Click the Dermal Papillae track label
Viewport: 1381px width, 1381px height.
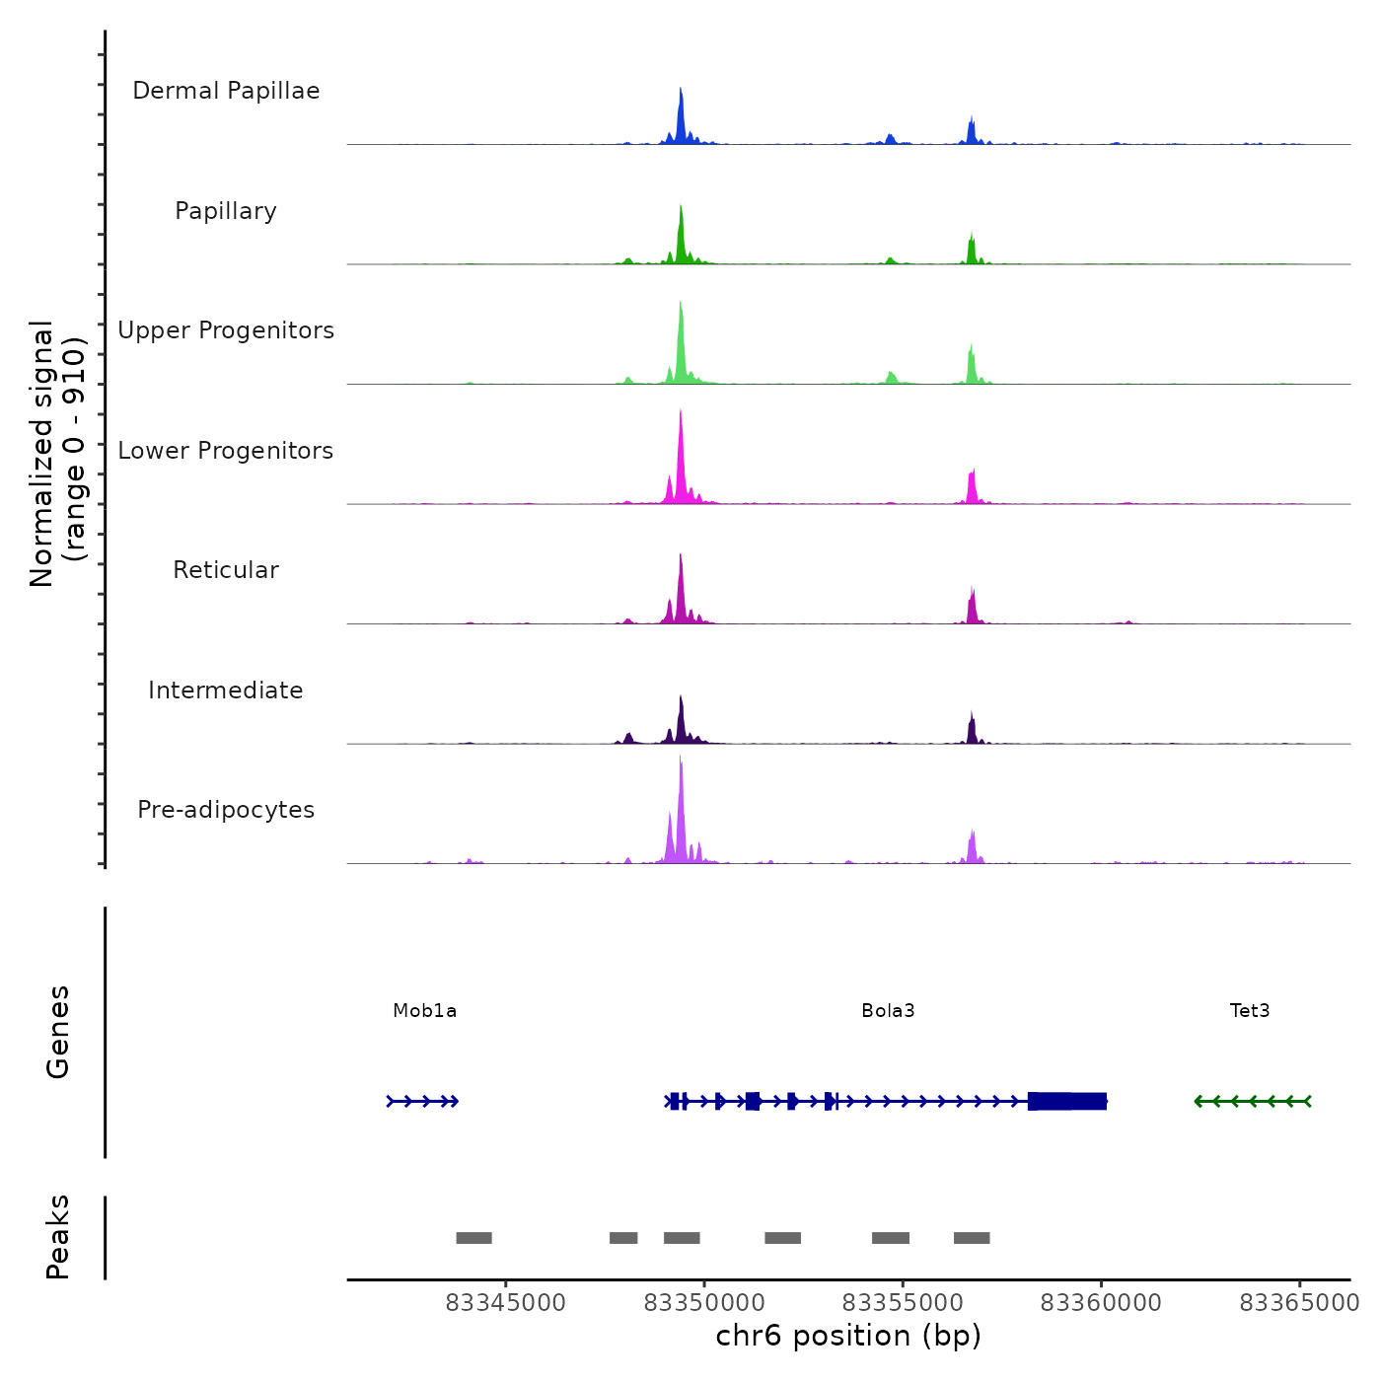coord(226,91)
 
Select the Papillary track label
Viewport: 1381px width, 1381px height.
coord(226,211)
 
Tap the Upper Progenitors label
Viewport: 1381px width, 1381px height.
coord(226,330)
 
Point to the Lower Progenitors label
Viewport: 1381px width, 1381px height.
coord(226,451)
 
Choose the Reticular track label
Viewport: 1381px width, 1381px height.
coord(226,570)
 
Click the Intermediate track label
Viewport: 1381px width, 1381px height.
coord(226,690)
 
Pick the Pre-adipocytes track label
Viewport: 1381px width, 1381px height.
coord(226,810)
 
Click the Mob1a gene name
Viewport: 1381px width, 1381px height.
coord(424,1010)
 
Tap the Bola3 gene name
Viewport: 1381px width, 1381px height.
coord(888,1010)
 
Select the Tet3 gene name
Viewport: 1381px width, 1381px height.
coord(1250,1010)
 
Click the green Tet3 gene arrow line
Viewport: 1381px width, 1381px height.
coord(1253,1101)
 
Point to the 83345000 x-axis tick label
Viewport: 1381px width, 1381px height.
coord(506,1303)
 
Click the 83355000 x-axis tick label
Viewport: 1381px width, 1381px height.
coord(903,1303)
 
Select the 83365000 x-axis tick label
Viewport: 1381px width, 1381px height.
coord(1299,1303)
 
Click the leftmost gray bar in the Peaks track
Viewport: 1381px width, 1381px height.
coord(473,1238)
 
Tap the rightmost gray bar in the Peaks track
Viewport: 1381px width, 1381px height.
coord(972,1238)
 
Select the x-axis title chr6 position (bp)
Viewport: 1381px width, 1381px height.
coord(848,1336)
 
